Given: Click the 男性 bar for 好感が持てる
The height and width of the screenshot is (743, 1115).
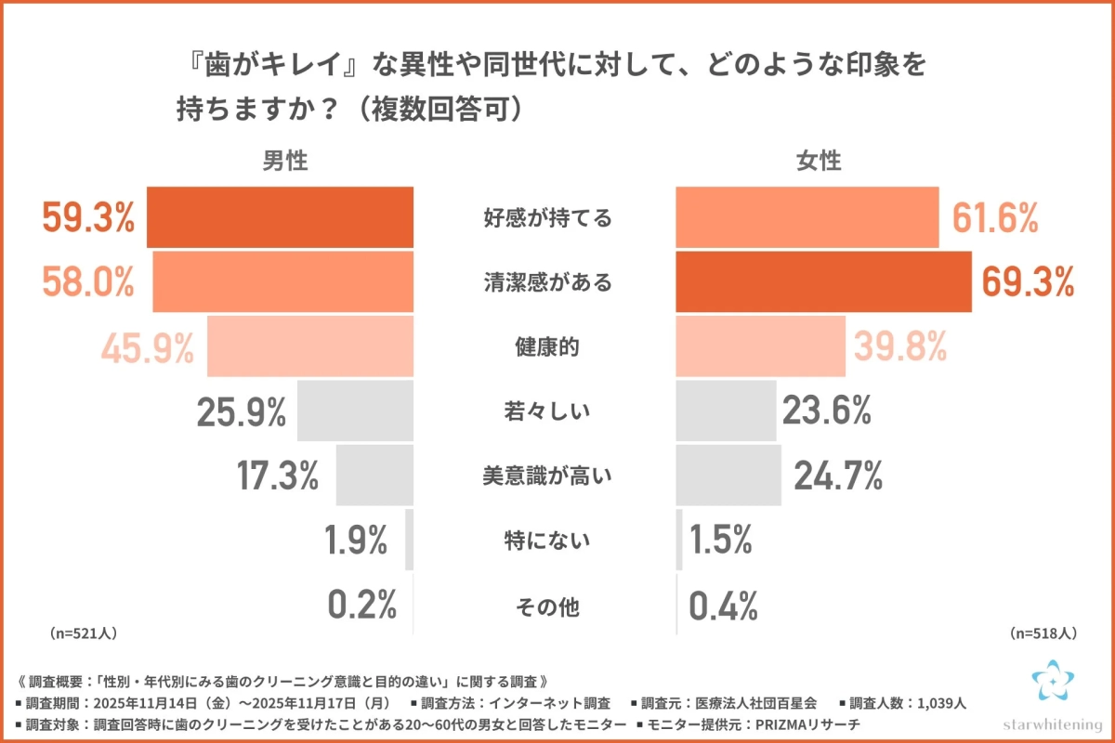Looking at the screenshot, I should [x=281, y=217].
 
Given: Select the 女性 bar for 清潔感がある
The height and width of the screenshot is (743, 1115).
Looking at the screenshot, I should [x=823, y=281].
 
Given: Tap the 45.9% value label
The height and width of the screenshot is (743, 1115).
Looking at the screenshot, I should [x=147, y=348].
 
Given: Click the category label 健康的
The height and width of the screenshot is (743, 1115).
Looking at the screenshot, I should [x=547, y=347].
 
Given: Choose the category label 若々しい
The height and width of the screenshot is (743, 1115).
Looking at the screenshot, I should [x=547, y=411].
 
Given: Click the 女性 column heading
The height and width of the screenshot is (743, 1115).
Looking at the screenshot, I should [x=819, y=161].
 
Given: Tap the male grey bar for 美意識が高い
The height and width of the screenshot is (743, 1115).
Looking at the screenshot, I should [x=374, y=475].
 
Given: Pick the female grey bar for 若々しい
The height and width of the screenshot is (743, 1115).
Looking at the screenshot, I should [x=726, y=411].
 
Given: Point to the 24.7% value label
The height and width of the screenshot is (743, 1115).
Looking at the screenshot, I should [x=837, y=475].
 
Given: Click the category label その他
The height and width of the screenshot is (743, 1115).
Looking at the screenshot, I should [x=547, y=608].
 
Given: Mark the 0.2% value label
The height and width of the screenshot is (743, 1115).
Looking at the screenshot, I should [x=362, y=605].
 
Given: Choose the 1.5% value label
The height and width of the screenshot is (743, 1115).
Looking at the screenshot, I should [x=721, y=540].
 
